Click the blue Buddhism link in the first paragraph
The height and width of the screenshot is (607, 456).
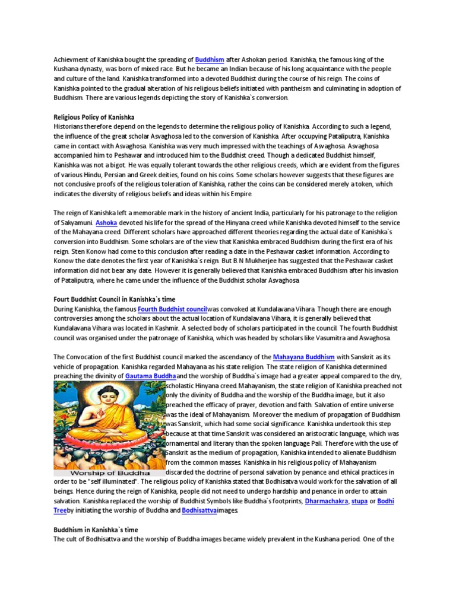click(x=210, y=59)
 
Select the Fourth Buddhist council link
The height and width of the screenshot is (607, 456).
click(x=172, y=309)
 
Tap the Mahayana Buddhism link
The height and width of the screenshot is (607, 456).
click(x=304, y=357)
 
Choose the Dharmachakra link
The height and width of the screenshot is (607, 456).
click(x=326, y=501)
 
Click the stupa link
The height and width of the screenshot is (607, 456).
click(x=360, y=501)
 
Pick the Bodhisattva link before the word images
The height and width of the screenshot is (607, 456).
click(x=199, y=510)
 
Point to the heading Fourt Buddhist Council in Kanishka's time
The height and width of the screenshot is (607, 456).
click(x=115, y=299)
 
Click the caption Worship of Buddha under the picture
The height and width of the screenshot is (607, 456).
click(x=110, y=473)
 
